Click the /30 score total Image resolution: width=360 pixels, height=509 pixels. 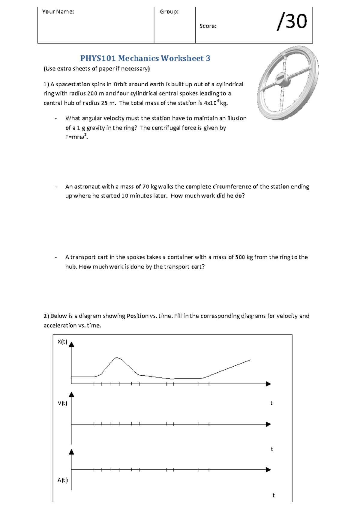(x=292, y=21)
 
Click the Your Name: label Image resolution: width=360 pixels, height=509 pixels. (x=58, y=12)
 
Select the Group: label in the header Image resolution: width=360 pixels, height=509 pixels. (x=169, y=12)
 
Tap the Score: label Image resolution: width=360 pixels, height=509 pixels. (x=208, y=26)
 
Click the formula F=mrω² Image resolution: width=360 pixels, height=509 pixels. (x=76, y=137)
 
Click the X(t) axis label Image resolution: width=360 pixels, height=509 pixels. (x=62, y=342)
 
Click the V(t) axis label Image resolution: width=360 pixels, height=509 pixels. (x=62, y=403)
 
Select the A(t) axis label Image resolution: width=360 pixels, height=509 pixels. (x=62, y=480)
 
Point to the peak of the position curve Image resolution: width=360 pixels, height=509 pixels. (x=117, y=358)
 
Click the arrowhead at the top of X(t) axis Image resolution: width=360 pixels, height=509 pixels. (x=71, y=344)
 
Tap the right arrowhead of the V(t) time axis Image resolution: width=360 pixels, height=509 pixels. (x=268, y=424)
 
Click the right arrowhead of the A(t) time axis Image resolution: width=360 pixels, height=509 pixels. (x=268, y=470)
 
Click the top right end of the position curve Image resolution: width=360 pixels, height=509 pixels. (x=250, y=360)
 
